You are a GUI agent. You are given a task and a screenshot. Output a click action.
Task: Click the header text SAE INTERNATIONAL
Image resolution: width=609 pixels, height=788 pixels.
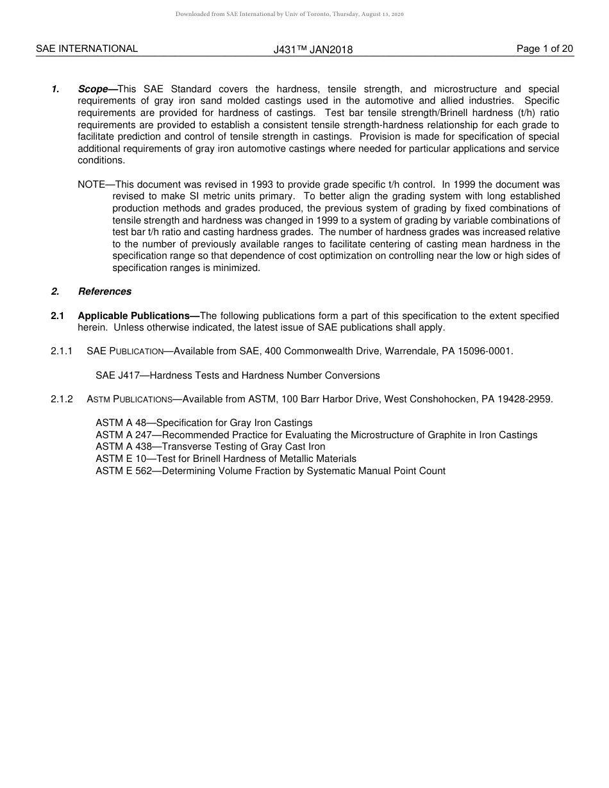[x=87, y=49]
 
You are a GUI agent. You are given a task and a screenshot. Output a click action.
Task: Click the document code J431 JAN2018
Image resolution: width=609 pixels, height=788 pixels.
[x=313, y=49]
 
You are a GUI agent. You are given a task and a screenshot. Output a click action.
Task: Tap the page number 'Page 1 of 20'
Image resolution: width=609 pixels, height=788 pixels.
[x=544, y=49]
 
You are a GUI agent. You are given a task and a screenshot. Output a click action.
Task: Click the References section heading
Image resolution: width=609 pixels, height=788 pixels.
[x=104, y=291]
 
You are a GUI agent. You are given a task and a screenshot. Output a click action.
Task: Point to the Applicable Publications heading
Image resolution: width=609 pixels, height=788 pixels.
[x=138, y=316]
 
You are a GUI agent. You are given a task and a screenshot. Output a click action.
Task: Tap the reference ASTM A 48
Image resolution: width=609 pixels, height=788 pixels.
[x=121, y=423]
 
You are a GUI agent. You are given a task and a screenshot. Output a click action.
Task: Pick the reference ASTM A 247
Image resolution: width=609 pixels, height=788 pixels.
[x=124, y=435]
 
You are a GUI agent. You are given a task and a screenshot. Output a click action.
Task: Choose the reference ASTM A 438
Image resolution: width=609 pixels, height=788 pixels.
[x=124, y=447]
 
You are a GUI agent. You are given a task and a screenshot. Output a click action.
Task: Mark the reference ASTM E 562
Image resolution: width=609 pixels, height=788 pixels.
[x=124, y=471]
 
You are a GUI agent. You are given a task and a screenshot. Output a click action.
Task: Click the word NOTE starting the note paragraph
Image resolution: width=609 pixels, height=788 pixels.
[x=91, y=185]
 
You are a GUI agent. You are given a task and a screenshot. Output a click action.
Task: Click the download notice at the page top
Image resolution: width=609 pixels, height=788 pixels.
[x=289, y=14]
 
